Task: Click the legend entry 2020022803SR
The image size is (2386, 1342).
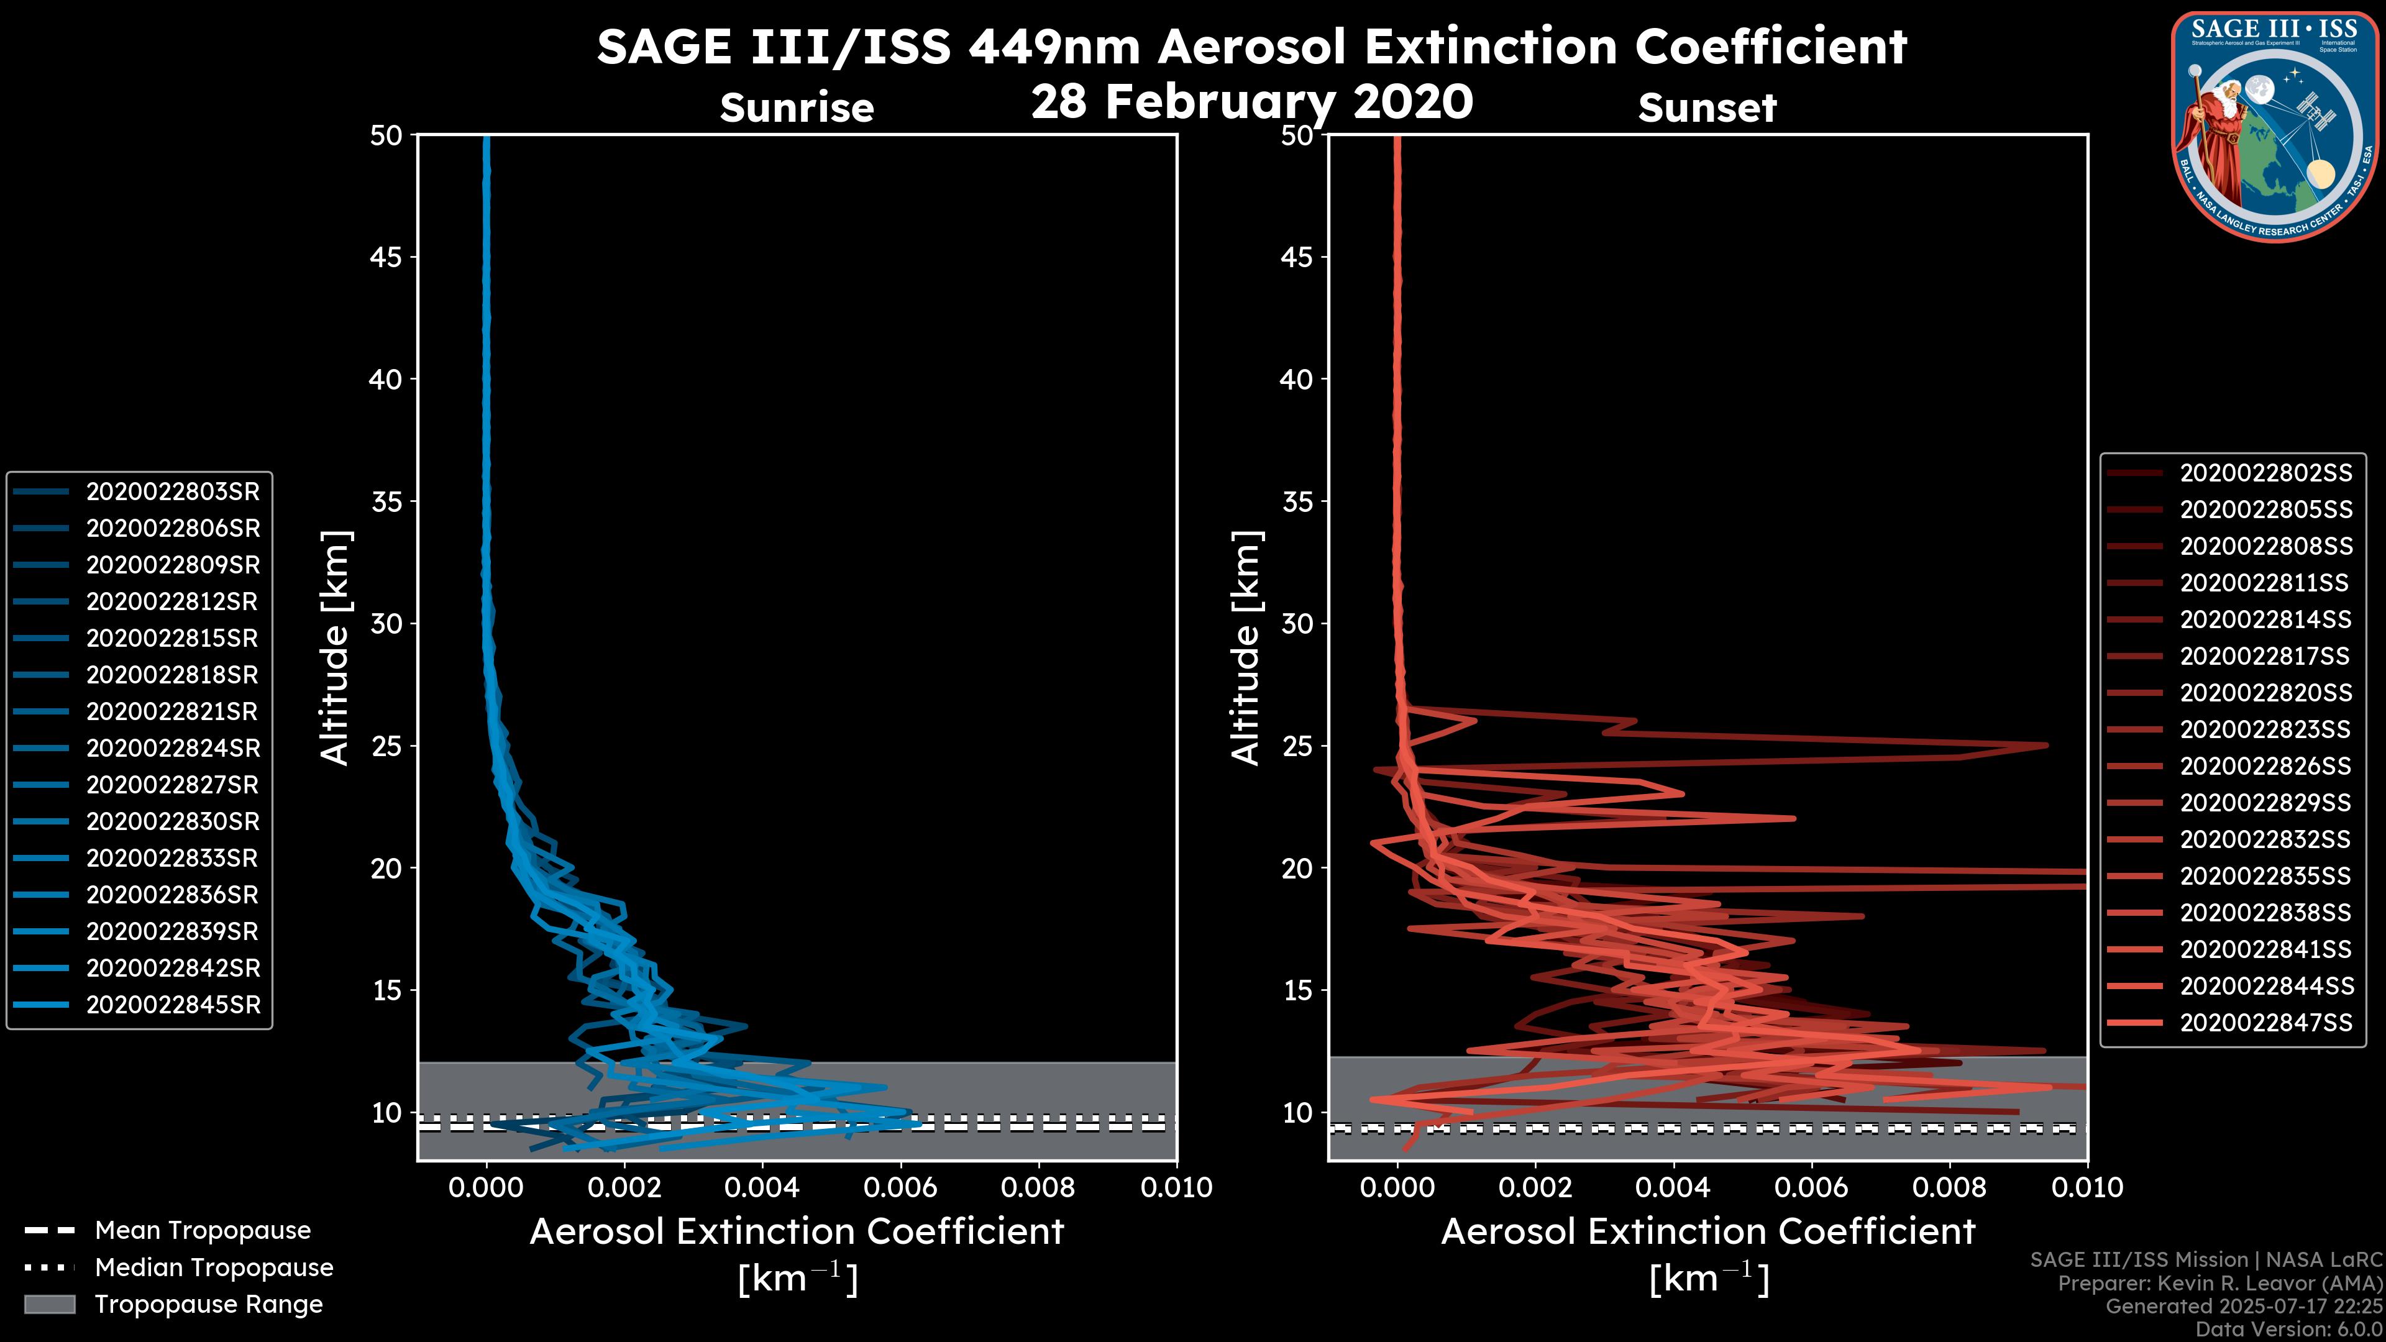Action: tap(172, 492)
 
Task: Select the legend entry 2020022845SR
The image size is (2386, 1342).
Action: tap(172, 1005)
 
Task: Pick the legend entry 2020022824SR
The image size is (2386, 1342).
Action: tap(172, 748)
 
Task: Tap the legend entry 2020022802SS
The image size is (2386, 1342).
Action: tap(2265, 473)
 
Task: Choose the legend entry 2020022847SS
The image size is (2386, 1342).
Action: tap(2265, 1023)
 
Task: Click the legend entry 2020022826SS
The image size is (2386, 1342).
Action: tap(2265, 766)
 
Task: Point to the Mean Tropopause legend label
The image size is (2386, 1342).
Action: tap(203, 1230)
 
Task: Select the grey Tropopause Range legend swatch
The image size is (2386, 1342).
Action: tap(50, 1304)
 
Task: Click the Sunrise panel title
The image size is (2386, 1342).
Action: tap(797, 107)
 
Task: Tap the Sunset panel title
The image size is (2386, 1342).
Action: tap(1707, 107)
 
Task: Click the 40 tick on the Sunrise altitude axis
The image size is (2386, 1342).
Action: tap(386, 379)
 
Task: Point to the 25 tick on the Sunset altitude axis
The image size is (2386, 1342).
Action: tap(1297, 746)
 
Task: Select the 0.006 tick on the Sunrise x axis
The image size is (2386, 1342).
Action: tap(900, 1187)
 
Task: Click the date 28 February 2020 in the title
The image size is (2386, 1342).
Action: tap(1251, 101)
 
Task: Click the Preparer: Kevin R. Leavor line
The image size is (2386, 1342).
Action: tap(2219, 1284)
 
